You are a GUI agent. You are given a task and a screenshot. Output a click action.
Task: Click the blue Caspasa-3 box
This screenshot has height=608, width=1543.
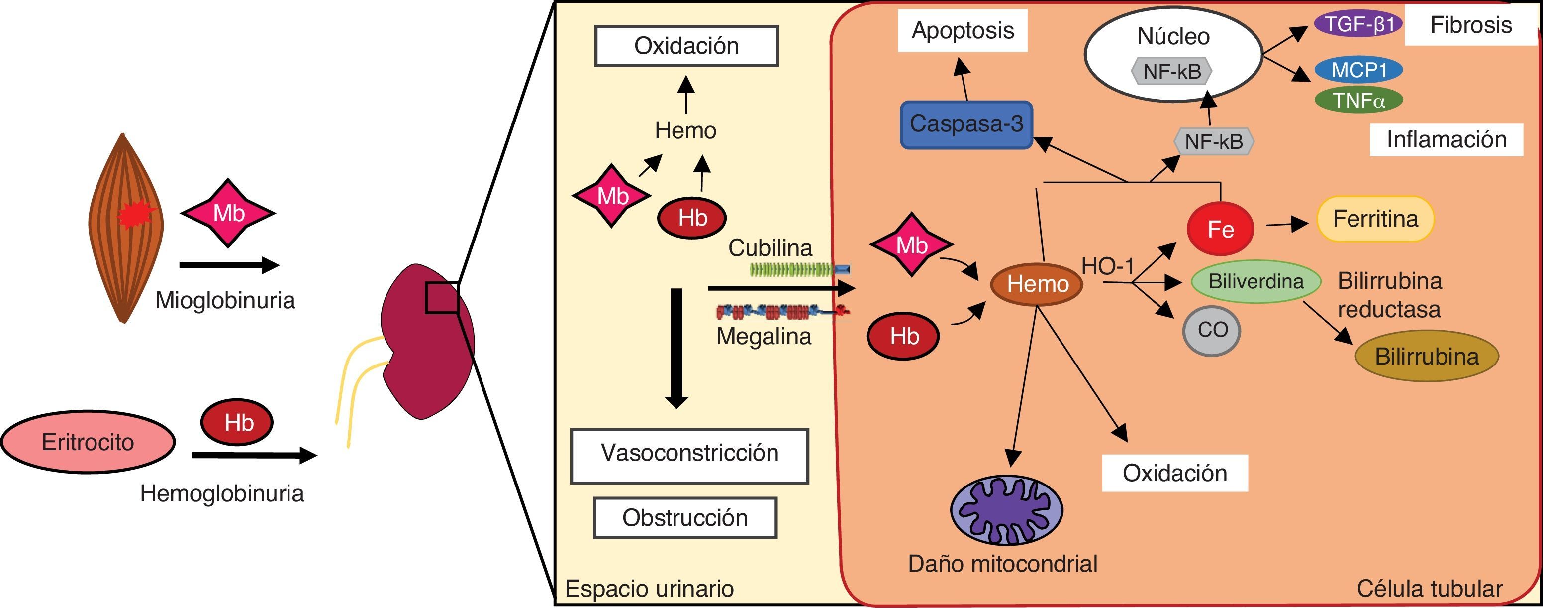[x=966, y=124]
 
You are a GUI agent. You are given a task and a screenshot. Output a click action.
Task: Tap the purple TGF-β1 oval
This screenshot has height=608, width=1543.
[x=1358, y=24]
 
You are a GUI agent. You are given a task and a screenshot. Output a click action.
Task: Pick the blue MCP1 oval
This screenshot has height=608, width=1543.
[x=1358, y=70]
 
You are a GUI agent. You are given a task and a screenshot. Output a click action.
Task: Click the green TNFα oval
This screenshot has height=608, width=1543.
[x=1358, y=100]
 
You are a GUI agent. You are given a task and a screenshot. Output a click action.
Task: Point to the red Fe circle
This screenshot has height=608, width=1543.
[x=1220, y=229]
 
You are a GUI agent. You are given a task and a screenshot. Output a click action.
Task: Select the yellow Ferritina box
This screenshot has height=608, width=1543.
[x=1375, y=219]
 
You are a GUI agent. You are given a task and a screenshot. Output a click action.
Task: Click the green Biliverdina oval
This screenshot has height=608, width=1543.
[x=1255, y=281]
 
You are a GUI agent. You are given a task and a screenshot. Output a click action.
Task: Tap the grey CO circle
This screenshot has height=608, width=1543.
[x=1212, y=330]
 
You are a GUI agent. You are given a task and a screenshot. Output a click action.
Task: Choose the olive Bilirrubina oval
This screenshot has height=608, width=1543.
[x=1426, y=356]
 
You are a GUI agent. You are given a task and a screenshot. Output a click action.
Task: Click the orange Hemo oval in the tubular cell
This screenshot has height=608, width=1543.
[x=1037, y=284]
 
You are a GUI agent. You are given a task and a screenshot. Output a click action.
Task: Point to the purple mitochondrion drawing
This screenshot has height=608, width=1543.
[x=1006, y=510]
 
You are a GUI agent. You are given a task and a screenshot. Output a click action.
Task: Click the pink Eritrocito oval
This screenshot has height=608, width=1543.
[x=88, y=442]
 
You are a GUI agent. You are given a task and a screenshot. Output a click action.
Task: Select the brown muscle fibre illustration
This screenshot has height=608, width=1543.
[x=124, y=228]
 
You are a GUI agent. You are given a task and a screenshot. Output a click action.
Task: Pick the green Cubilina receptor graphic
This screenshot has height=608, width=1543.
[x=800, y=270]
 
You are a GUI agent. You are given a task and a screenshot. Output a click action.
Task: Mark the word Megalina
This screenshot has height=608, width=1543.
[x=764, y=337]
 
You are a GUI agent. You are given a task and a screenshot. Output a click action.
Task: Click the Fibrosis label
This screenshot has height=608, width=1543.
[x=1470, y=25]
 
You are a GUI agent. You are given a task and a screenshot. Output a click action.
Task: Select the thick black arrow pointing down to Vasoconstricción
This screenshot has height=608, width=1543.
[x=676, y=348]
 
